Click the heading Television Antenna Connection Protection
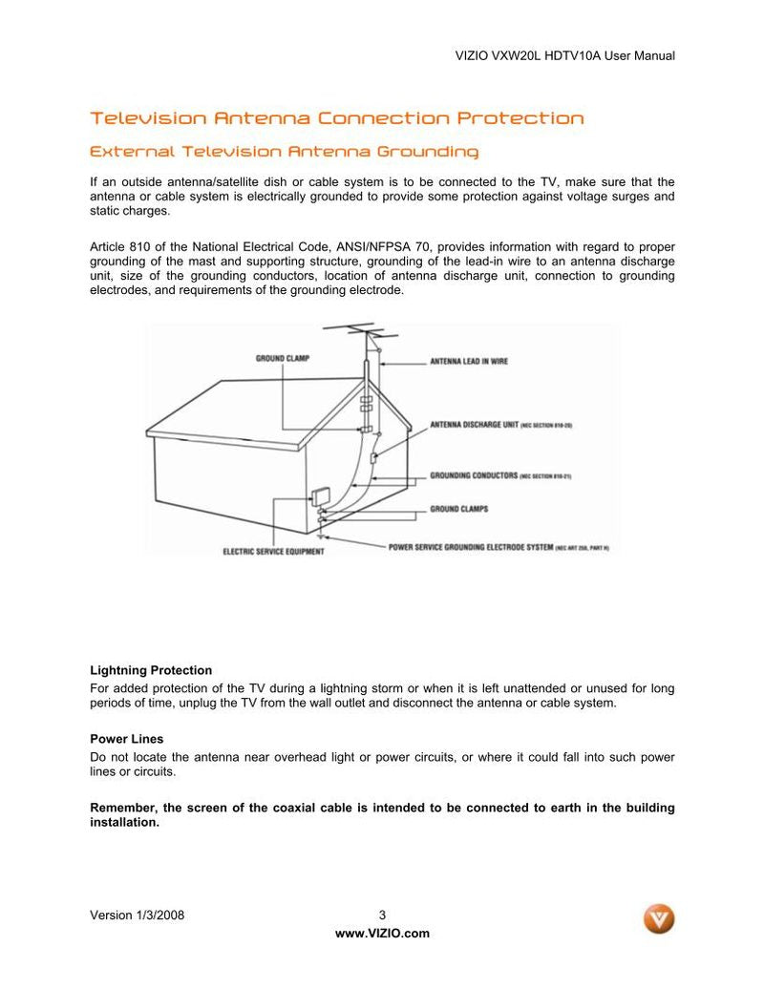336,118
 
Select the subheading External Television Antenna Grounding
284,152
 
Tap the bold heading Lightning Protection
151,670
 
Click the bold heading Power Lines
126,739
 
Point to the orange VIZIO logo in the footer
658,918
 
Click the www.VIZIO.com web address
382,934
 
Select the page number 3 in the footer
382,915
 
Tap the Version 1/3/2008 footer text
137,915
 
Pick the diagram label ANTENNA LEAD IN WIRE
469,362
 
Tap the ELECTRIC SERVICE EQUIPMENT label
272,551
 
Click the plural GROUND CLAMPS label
458,509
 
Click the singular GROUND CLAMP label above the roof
282,358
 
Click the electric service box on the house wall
319,498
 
